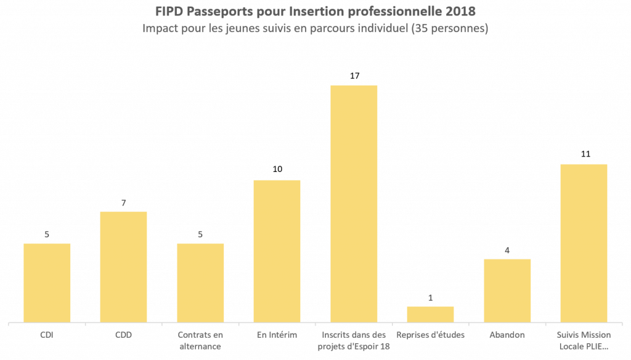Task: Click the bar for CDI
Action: click(47, 282)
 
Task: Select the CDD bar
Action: click(123, 266)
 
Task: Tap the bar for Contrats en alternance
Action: click(200, 282)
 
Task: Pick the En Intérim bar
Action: click(277, 251)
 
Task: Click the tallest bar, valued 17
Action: click(354, 203)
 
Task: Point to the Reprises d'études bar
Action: click(430, 314)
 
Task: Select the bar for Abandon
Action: click(507, 290)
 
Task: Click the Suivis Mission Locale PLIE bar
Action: click(584, 243)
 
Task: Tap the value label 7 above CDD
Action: click(123, 202)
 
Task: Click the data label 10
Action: click(277, 171)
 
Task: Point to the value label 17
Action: click(354, 76)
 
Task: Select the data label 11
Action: click(584, 155)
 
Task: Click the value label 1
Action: click(430, 297)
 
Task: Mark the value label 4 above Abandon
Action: click(507, 250)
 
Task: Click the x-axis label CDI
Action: click(47, 335)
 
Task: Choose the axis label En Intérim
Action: click(277, 335)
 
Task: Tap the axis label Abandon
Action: click(507, 335)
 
